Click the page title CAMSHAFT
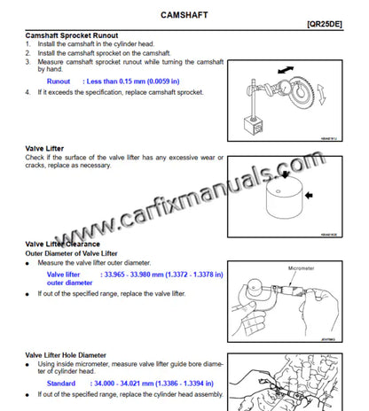coord(185,16)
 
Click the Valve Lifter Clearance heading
coord(62,243)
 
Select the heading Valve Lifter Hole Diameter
coord(75,353)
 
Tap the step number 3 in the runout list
coord(28,62)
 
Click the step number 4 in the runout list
coord(28,91)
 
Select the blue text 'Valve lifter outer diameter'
coord(70,279)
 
